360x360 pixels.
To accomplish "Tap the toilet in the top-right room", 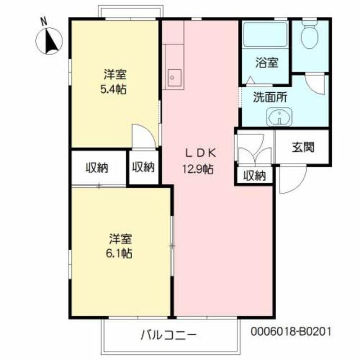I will tap(309, 35).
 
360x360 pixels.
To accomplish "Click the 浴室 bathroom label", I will tap(266, 62).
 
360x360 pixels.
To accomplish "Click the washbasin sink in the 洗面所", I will tap(279, 118).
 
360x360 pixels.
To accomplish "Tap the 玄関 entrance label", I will tap(302, 147).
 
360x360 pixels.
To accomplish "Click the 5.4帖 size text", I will tap(113, 89).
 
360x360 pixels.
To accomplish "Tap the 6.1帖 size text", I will tap(119, 254).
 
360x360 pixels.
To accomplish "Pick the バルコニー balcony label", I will tap(168, 336).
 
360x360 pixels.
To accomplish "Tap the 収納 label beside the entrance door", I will tap(254, 175).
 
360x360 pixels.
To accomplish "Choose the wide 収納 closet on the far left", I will tap(97, 167).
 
